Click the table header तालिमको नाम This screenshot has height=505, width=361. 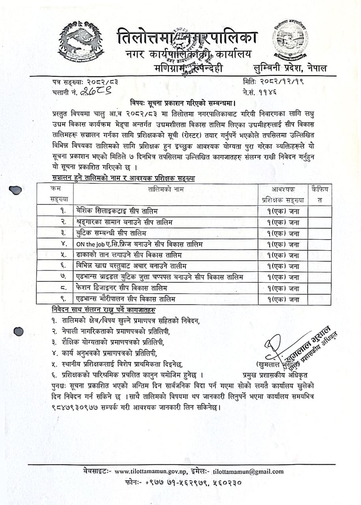click(166, 189)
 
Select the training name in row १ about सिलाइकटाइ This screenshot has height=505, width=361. click(119, 210)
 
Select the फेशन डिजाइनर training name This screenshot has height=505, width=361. click(122, 287)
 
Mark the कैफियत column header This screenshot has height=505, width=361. click(319, 194)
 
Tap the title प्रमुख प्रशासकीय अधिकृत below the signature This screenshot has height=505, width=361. click(275, 372)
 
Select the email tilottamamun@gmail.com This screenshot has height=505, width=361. click(248, 471)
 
